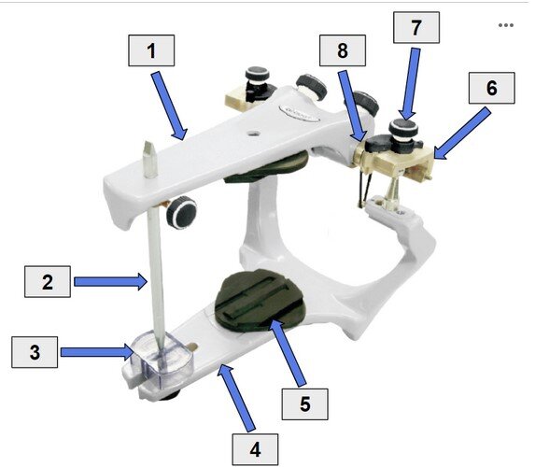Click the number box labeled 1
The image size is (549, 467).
pyautogui.click(x=151, y=50)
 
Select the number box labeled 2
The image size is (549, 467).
pyautogui.click(x=48, y=282)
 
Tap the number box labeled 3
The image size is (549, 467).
pyautogui.click(x=35, y=352)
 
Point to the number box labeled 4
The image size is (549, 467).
pyautogui.click(x=255, y=449)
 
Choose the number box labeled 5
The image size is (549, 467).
pyautogui.click(x=305, y=403)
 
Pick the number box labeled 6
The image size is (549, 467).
pyautogui.click(x=492, y=88)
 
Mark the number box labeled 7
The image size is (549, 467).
pyautogui.click(x=416, y=27)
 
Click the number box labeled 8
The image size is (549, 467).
pyautogui.click(x=343, y=50)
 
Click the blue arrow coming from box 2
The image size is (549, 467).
pyautogui.click(x=111, y=281)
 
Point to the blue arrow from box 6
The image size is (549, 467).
pyautogui.click(x=462, y=134)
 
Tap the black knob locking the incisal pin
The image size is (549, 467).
pyautogui.click(x=181, y=212)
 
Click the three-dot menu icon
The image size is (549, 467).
pyautogui.click(x=506, y=25)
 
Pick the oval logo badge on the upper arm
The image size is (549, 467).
pyautogui.click(x=300, y=112)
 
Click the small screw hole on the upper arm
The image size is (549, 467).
pyautogui.click(x=253, y=133)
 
